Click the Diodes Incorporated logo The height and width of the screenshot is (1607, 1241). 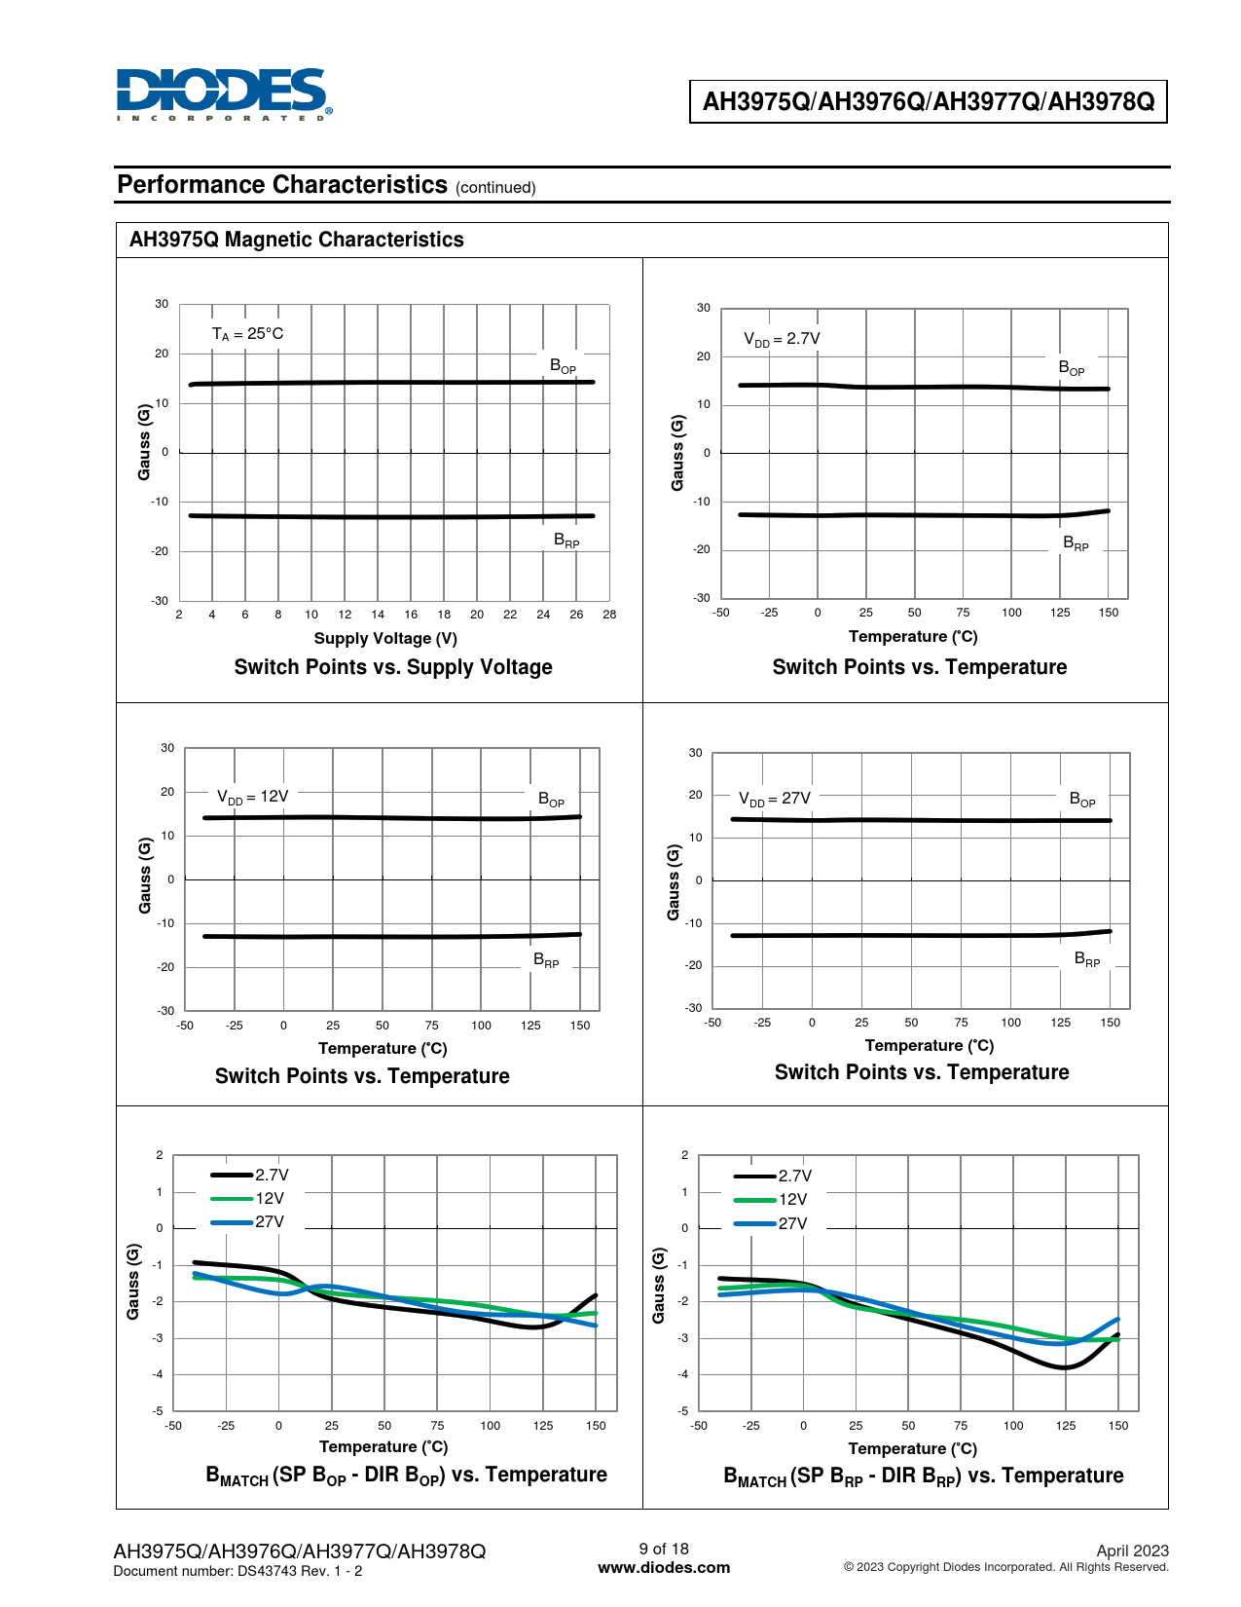point(223,93)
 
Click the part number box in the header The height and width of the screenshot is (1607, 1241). point(928,101)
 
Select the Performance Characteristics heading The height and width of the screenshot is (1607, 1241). point(282,185)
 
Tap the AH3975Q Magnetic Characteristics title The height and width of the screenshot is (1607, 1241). point(297,240)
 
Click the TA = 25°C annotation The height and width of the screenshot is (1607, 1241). point(248,334)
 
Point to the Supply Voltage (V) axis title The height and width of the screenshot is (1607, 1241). point(385,638)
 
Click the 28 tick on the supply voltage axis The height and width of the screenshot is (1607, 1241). point(609,615)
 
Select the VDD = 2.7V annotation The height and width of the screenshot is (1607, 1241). point(782,339)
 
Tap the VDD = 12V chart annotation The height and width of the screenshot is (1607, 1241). point(253,797)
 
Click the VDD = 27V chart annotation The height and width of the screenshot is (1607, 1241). point(775,799)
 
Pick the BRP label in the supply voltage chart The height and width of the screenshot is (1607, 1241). point(566,541)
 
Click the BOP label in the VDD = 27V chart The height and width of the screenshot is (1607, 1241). point(1082,800)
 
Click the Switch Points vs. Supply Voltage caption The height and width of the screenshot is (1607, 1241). point(393,667)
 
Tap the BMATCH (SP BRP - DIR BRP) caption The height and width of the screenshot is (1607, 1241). point(923,1476)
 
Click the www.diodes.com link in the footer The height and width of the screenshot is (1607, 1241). point(664,1568)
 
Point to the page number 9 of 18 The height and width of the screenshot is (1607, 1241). point(664,1549)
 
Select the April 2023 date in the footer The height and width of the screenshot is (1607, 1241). point(1132,1551)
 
